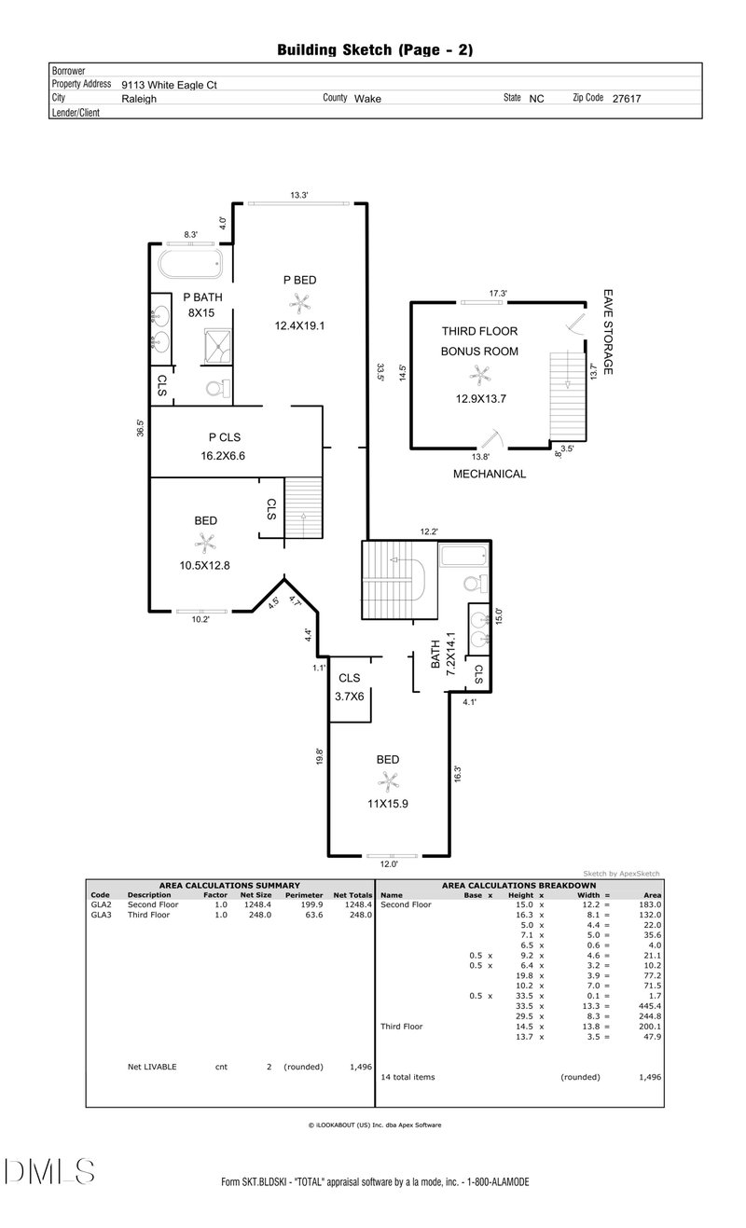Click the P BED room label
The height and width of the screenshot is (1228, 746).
[x=300, y=280]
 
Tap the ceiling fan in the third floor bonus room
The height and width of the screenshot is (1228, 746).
[x=480, y=376]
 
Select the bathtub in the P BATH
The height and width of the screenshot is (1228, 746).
[x=191, y=264]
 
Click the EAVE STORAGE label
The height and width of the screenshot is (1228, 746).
[x=608, y=332]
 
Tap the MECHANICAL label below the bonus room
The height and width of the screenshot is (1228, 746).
[x=490, y=474]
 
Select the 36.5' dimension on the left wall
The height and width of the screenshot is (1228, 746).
[x=140, y=428]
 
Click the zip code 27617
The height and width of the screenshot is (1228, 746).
[x=627, y=99]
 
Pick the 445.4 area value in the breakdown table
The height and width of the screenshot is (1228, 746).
[x=650, y=1006]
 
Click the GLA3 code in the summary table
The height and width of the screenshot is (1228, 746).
[x=101, y=915]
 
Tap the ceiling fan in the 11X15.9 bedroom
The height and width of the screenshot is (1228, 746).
[x=388, y=780]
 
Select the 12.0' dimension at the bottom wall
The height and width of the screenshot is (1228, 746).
[x=389, y=864]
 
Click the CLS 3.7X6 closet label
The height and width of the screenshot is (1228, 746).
[x=350, y=687]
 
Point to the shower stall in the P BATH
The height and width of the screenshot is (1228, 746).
[x=217, y=347]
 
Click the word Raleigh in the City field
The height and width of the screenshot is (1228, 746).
[x=139, y=99]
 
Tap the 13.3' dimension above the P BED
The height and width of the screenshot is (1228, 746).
[x=299, y=195]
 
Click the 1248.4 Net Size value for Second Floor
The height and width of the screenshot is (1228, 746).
[x=257, y=904]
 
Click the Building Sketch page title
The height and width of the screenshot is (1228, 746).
[x=375, y=50]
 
